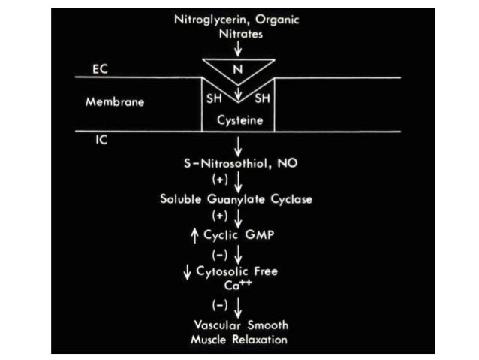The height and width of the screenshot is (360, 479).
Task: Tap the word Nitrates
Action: point(238,34)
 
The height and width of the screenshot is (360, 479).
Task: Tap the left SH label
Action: point(213,98)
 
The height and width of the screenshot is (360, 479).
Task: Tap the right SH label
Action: point(263,98)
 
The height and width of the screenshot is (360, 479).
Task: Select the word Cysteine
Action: point(239,120)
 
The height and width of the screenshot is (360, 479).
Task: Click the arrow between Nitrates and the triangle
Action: point(239,49)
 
